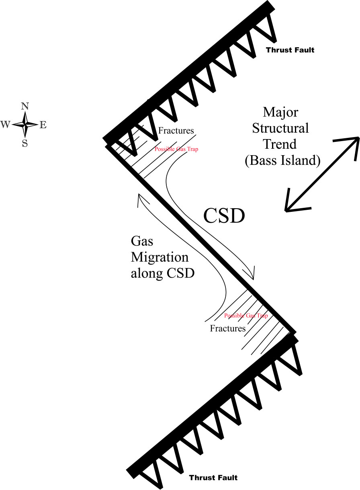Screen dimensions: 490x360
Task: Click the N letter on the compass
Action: (25, 107)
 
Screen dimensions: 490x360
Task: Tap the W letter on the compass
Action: (5, 125)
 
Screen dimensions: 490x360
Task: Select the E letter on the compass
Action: (43, 125)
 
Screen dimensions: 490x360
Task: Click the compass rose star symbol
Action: (25, 125)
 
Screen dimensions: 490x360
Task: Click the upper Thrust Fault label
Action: (290, 50)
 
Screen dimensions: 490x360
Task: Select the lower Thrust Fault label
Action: (213, 478)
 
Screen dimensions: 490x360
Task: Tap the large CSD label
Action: (224, 216)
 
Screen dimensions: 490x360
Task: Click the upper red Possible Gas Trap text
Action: (176, 149)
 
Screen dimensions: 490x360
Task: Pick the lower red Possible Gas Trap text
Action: (246, 316)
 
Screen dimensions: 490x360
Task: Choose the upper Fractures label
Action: (176, 131)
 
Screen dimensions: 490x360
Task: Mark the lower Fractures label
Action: (228, 328)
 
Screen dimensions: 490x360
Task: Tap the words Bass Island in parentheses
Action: (282, 161)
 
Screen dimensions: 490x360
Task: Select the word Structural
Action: (285, 129)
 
